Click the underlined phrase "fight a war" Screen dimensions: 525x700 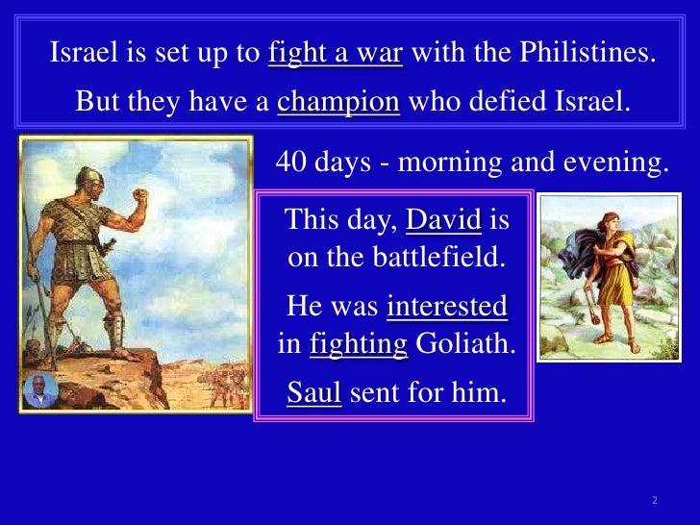(336, 54)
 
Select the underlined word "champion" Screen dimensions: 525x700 (338, 101)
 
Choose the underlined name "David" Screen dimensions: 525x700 (443, 222)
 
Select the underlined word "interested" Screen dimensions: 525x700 (446, 307)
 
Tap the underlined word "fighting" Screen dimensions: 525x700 (359, 344)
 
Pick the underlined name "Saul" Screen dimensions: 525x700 (313, 392)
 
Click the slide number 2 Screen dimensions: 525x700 (653, 501)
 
